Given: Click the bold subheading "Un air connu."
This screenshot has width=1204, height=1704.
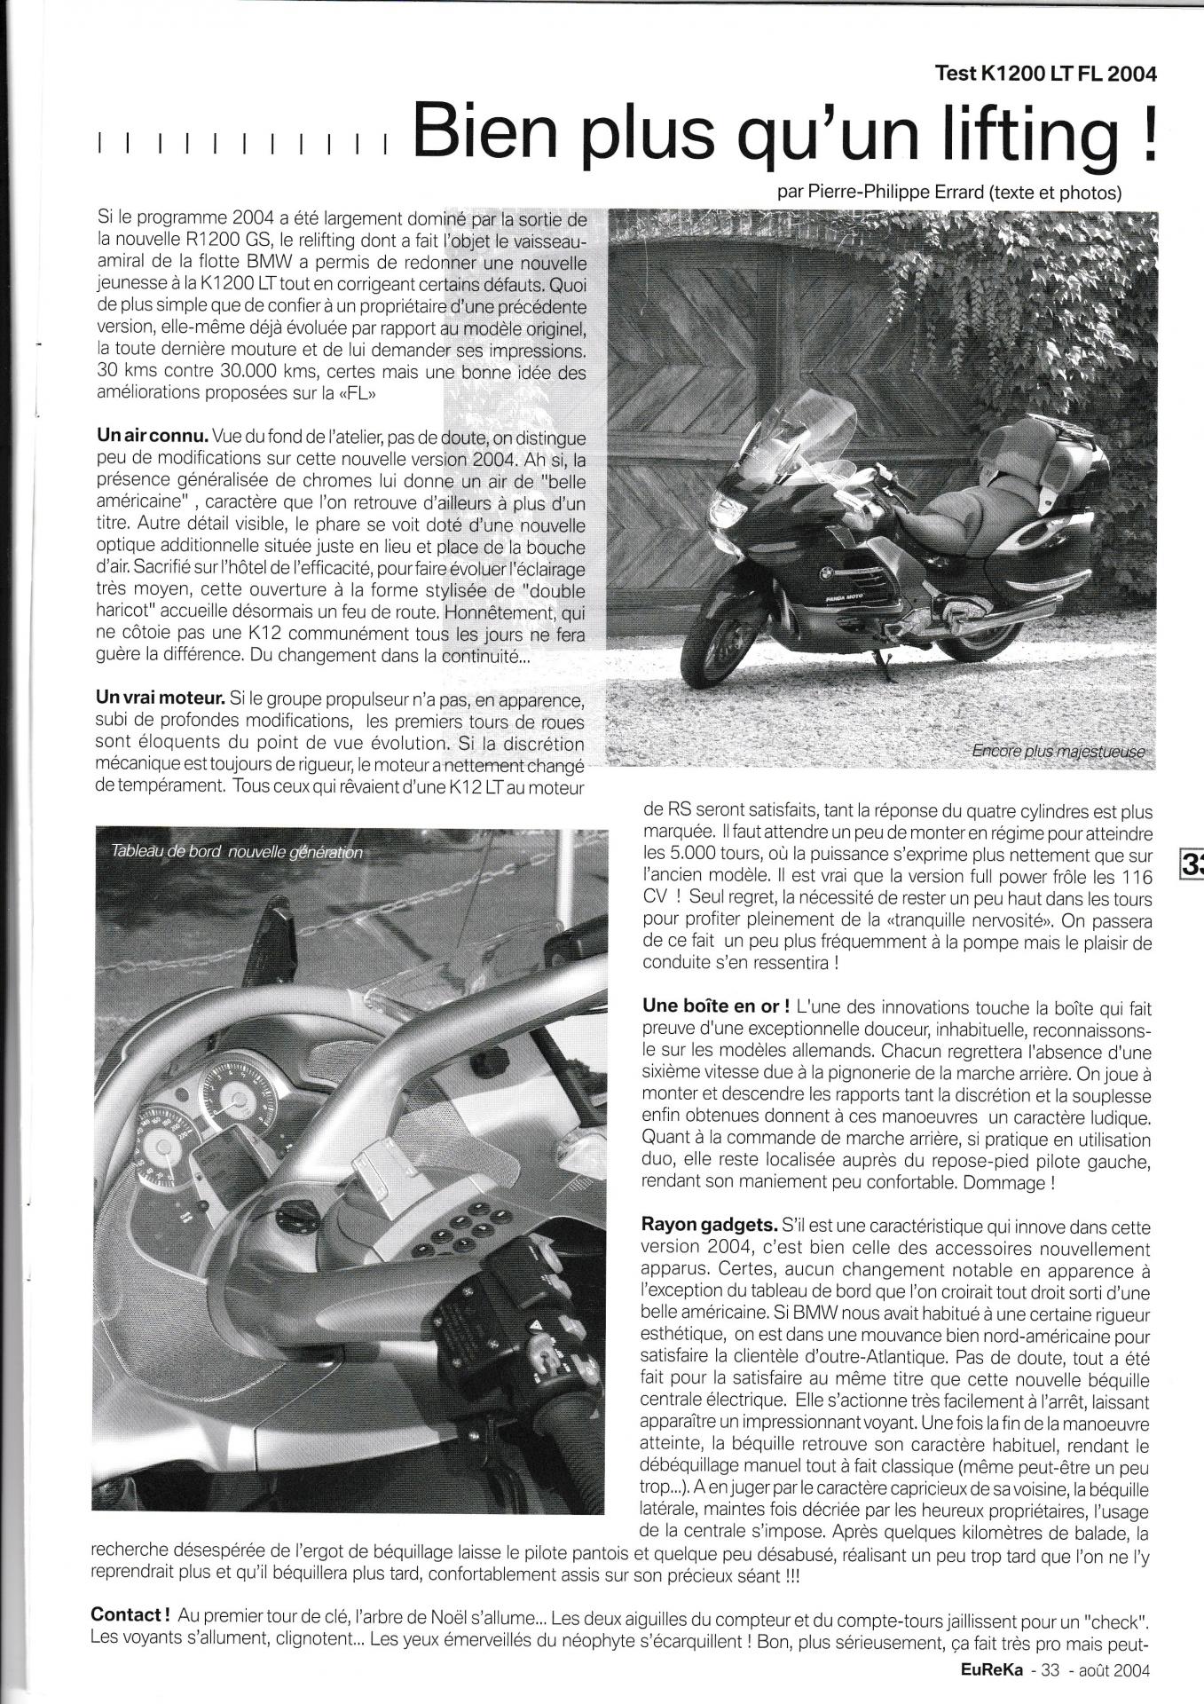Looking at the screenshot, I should [x=152, y=437].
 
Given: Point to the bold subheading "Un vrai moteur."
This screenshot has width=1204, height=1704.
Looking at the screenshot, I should [x=159, y=699].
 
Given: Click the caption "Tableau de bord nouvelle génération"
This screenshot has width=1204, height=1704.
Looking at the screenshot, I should [x=237, y=851].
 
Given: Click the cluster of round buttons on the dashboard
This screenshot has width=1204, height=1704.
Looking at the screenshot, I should [x=462, y=1233].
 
